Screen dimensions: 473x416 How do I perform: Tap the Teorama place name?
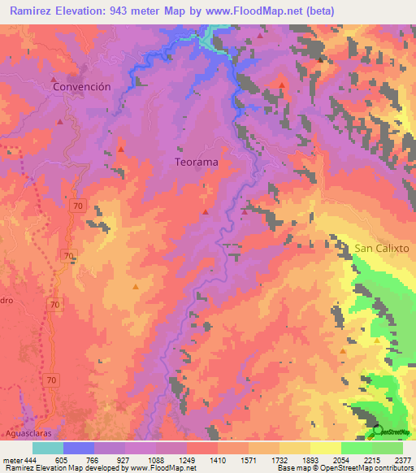(x=197, y=162)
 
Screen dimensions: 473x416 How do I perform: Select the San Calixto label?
(x=383, y=247)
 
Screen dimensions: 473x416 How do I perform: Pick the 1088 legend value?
(x=157, y=460)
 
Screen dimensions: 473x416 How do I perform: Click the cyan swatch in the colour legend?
(x=48, y=448)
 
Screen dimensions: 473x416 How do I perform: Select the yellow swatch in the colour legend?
(x=326, y=448)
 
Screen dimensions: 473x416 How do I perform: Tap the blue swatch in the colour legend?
(x=79, y=448)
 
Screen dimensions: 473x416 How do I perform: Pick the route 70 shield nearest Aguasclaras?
(x=51, y=380)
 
